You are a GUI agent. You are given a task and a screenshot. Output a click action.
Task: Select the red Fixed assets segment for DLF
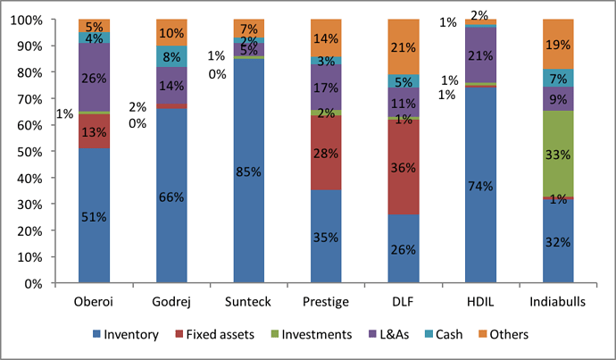pos(404,167)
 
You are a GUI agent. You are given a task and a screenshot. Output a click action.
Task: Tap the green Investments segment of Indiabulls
pos(559,154)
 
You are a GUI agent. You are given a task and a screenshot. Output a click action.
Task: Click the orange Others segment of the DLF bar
pos(404,46)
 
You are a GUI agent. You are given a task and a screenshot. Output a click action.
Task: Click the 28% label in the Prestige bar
pos(327,153)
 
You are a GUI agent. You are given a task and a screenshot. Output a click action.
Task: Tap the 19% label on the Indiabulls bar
pos(559,44)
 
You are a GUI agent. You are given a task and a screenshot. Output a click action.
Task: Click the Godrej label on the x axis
pos(171,301)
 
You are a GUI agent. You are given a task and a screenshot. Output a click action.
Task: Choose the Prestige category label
pos(327,301)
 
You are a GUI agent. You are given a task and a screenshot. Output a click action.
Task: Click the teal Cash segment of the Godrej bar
pos(171,56)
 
